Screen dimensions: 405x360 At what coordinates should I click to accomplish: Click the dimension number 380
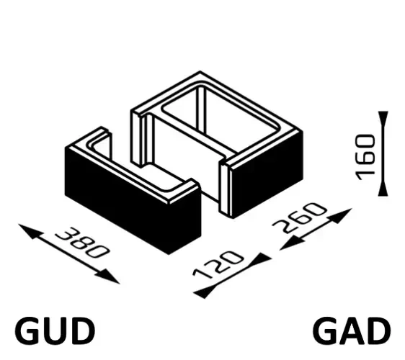(82, 243)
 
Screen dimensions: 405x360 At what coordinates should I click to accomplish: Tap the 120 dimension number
(218, 264)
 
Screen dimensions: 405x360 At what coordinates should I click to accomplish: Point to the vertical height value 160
(365, 157)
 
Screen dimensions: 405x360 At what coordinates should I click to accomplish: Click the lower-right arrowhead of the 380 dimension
(108, 276)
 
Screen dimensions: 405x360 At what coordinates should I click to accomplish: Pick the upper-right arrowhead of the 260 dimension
(340, 215)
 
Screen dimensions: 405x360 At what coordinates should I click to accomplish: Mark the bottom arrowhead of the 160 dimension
(383, 188)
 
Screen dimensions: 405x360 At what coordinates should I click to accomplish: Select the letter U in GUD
(55, 331)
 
